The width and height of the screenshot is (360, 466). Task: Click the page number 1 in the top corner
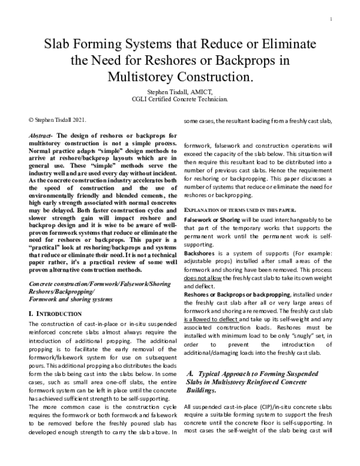[331, 19]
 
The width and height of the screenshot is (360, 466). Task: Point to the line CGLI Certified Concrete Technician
[181, 99]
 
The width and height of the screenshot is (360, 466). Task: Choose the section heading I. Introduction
[55, 297]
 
